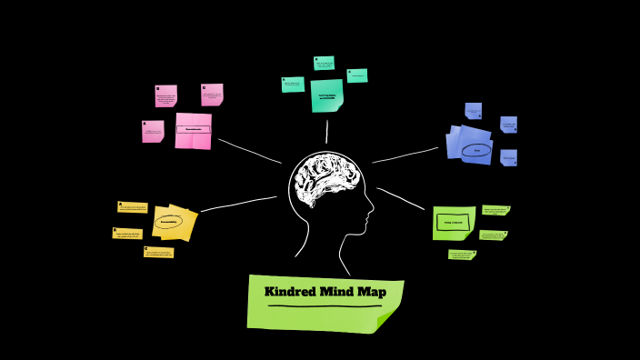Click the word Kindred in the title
[x=288, y=293]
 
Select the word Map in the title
[x=371, y=293]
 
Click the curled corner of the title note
[x=389, y=319]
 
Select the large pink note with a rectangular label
[x=193, y=130]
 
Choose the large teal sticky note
[x=326, y=95]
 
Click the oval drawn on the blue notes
[x=475, y=150]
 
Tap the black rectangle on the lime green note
[x=453, y=222]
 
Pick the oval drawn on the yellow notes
[x=169, y=222]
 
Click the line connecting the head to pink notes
[x=249, y=151]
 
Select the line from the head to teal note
[x=326, y=132]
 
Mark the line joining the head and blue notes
[x=405, y=155]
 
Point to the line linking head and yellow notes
[x=238, y=204]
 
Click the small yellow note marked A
[x=133, y=208]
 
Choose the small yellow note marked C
[x=158, y=253]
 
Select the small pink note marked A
[x=153, y=132]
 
